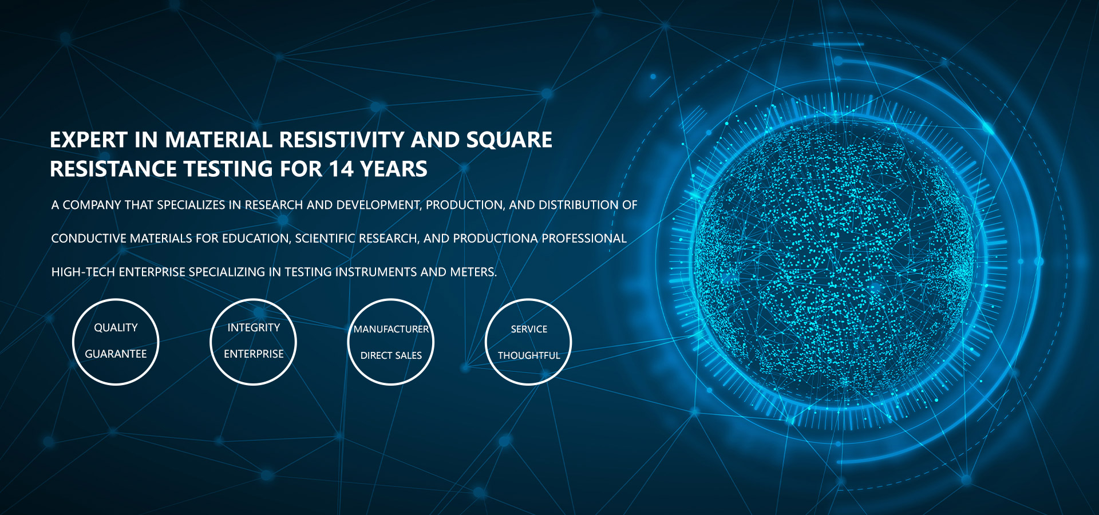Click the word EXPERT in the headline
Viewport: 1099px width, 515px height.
pyautogui.click(x=89, y=140)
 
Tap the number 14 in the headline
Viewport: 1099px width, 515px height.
pyautogui.click(x=341, y=169)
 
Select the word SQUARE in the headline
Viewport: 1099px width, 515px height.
pyautogui.click(x=509, y=140)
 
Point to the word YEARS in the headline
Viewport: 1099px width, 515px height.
pyautogui.click(x=394, y=169)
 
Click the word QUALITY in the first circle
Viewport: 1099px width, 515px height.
pyautogui.click(x=116, y=328)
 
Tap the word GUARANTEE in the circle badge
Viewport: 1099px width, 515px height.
pyautogui.click(x=116, y=354)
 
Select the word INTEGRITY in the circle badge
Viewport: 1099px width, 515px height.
pyautogui.click(x=254, y=328)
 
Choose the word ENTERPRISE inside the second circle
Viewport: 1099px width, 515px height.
pyautogui.click(x=254, y=354)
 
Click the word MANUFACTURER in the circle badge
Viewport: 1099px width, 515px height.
pyautogui.click(x=391, y=330)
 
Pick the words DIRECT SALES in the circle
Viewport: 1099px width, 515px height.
pyautogui.click(x=391, y=356)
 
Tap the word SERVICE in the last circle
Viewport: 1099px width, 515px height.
pyautogui.click(x=529, y=330)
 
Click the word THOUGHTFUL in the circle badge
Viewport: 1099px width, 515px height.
pyautogui.click(x=529, y=356)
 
